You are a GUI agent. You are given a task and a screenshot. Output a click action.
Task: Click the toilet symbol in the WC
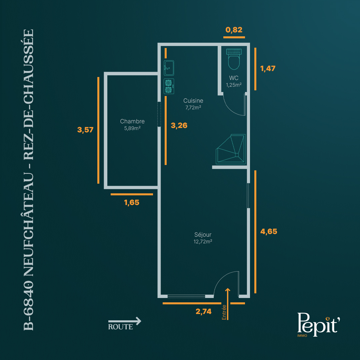(234, 59)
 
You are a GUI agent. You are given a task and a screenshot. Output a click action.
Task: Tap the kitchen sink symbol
(169, 68)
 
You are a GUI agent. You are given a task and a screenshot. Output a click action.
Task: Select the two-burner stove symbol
(169, 86)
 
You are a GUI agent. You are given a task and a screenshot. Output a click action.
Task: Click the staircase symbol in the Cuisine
(231, 149)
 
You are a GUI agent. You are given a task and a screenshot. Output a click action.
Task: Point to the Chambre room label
(132, 121)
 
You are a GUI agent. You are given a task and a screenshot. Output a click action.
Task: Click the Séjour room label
(203, 234)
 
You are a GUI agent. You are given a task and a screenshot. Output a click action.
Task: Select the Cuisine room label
(193, 101)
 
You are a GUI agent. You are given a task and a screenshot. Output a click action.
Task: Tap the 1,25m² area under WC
(234, 85)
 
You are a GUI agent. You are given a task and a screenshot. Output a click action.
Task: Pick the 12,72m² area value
(203, 242)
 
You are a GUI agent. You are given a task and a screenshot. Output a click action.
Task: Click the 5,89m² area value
(132, 128)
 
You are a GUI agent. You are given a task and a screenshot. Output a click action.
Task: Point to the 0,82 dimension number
(234, 30)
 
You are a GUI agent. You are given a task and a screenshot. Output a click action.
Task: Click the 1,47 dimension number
(268, 68)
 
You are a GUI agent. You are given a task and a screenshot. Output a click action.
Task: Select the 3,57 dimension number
(85, 130)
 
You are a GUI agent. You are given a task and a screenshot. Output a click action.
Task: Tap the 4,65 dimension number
(269, 231)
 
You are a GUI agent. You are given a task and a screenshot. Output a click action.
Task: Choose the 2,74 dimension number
(203, 311)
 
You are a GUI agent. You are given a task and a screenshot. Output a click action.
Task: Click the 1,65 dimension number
(132, 202)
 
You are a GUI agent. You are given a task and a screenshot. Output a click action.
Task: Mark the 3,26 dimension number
(179, 125)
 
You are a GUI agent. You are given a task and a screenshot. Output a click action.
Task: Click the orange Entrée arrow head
(228, 290)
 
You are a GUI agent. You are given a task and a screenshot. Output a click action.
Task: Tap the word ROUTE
(121, 327)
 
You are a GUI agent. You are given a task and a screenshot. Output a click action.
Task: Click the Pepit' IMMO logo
(318, 325)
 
